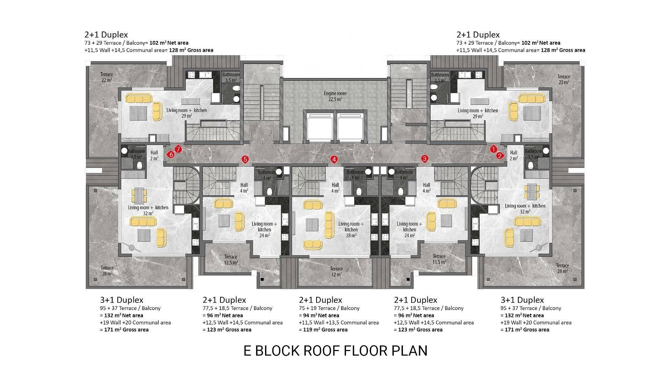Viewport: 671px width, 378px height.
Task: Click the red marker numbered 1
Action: (x=493, y=149)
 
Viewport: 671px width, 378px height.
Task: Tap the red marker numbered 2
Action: (x=500, y=156)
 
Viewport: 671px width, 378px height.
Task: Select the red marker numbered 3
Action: (x=425, y=159)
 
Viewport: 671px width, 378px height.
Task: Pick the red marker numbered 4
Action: (x=334, y=160)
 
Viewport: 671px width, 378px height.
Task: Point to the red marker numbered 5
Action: (x=245, y=160)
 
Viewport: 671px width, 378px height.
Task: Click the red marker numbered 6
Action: (x=171, y=154)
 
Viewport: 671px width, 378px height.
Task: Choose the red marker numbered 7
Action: (x=178, y=149)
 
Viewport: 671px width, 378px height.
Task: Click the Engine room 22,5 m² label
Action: (x=335, y=96)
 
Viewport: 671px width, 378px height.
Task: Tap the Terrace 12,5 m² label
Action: (x=231, y=260)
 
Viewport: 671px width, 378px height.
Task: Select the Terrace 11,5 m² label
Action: (x=439, y=259)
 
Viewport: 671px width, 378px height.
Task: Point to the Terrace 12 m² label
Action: (x=337, y=272)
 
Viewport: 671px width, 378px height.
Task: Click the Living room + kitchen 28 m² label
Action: (x=351, y=230)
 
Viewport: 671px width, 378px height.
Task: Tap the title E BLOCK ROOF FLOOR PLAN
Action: (x=335, y=351)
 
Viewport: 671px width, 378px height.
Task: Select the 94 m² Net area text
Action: (x=319, y=315)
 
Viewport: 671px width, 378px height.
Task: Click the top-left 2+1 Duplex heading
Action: (x=106, y=35)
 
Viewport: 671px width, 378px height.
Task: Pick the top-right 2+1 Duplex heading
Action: (x=478, y=35)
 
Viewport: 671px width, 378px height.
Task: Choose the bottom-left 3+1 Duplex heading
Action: (x=122, y=300)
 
